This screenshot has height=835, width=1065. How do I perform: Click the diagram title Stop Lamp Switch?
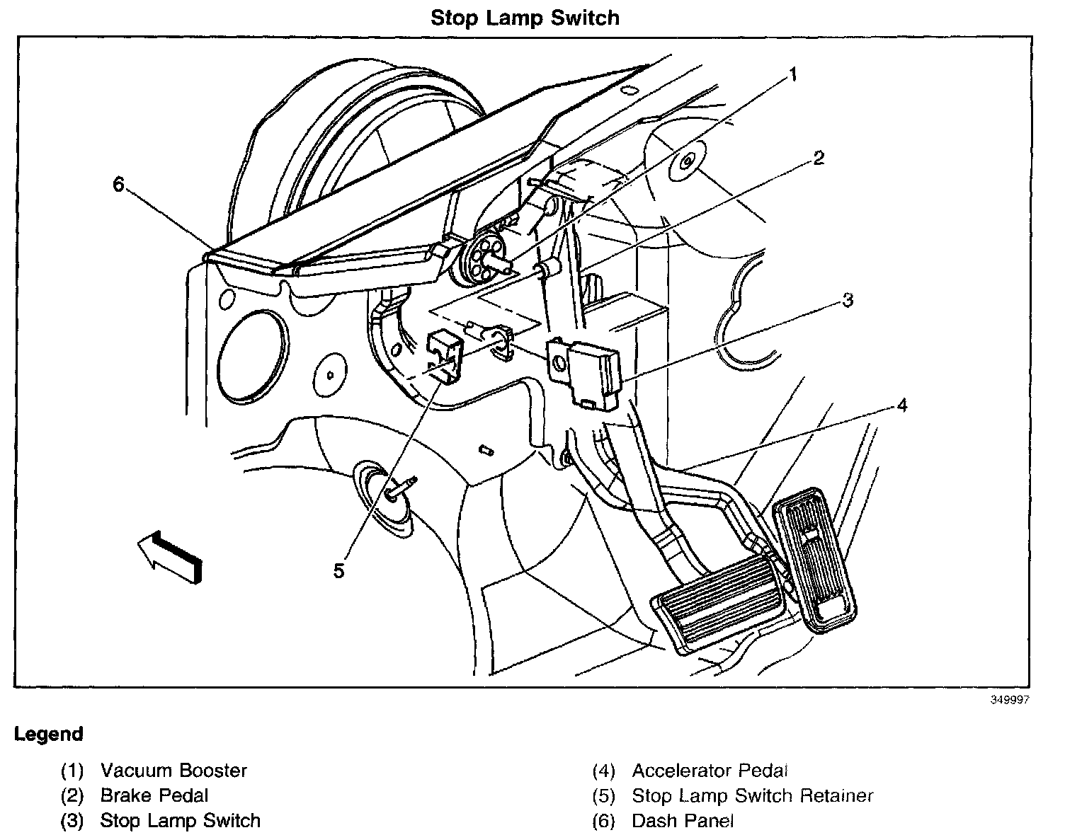coord(525,18)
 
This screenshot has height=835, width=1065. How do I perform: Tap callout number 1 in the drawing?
coord(793,74)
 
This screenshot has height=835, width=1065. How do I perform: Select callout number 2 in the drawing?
coord(818,158)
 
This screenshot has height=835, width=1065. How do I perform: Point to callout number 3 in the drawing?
coord(848,300)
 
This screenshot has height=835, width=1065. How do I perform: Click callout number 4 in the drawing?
coord(901,405)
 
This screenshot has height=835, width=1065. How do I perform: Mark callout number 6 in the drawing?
coord(118,185)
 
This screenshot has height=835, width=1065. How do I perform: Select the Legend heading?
coord(49,734)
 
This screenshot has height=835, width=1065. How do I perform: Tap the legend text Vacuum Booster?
coord(173,770)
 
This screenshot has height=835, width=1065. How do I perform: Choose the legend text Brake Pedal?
coord(154,795)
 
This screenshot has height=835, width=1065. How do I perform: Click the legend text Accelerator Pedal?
coord(710,770)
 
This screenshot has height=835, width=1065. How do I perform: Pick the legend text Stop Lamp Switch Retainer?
coord(752,795)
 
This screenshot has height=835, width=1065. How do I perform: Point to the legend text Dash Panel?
coord(683,821)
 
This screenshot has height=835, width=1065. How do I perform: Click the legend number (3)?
coord(72,821)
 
